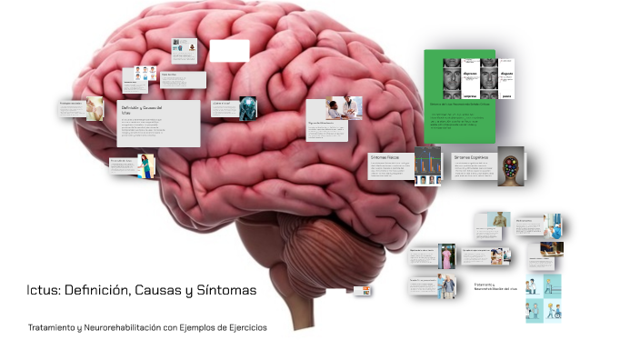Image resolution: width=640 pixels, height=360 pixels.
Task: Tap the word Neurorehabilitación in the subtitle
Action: tap(115, 327)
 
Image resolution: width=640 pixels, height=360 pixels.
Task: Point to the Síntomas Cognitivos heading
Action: tap(473, 157)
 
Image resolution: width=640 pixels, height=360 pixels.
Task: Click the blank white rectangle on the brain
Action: tap(229, 50)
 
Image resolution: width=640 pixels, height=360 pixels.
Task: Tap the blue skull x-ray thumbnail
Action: tap(248, 108)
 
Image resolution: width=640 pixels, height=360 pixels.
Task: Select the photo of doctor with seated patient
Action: tap(344, 108)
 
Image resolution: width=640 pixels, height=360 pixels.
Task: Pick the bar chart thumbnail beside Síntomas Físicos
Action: tap(427, 165)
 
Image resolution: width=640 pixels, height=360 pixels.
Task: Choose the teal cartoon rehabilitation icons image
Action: tap(543, 297)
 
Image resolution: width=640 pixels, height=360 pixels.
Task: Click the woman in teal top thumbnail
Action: tap(145, 166)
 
